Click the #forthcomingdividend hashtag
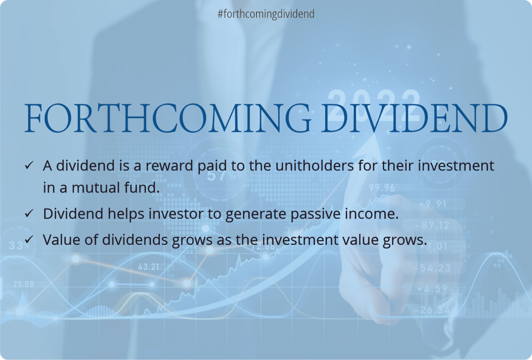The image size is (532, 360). [266, 14]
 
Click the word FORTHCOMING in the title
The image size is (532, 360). [168, 118]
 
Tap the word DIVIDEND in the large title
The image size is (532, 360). [415, 118]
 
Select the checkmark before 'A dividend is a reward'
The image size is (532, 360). [29, 165]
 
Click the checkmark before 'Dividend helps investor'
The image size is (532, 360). [29, 214]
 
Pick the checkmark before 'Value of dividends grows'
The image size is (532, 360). [29, 240]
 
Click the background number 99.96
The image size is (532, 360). [381, 188]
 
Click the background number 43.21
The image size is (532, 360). [148, 267]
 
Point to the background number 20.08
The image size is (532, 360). [23, 284]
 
